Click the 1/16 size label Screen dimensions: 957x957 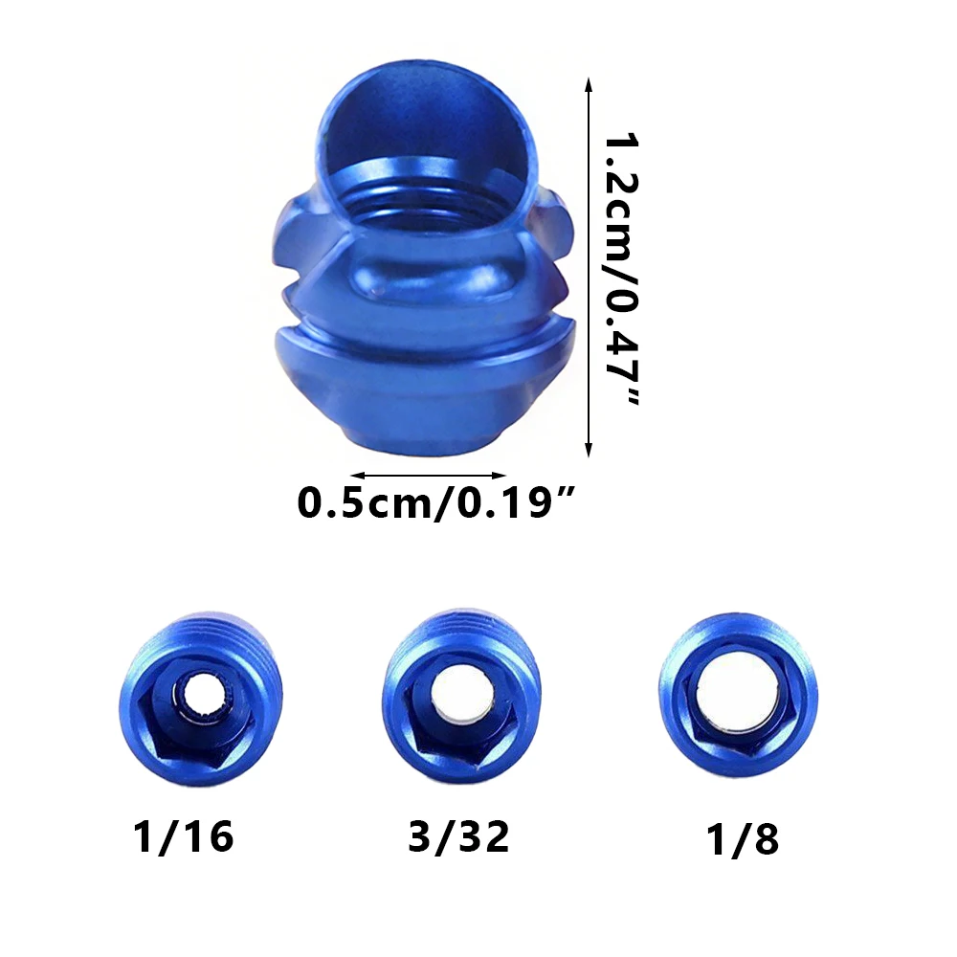click(x=183, y=836)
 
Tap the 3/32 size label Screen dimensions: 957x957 click(x=459, y=836)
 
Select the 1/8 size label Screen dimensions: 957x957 click(x=743, y=840)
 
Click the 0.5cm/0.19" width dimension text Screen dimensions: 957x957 click(x=435, y=502)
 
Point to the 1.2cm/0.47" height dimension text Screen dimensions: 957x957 click(x=622, y=269)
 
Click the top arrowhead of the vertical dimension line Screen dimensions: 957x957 click(x=589, y=84)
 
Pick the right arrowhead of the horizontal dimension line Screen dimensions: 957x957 click(x=500, y=476)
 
